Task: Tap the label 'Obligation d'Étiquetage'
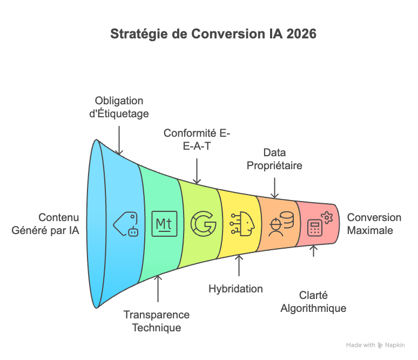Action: point(119,107)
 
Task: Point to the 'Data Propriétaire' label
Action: point(274,159)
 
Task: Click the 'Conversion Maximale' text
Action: point(374,224)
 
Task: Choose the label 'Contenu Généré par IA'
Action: point(45,224)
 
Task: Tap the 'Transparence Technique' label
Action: point(156,321)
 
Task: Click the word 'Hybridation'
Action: point(235,289)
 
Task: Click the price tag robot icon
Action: point(125,223)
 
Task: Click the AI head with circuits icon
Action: point(241,224)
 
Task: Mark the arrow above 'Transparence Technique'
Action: point(158,289)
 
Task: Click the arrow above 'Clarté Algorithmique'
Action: point(314,251)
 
